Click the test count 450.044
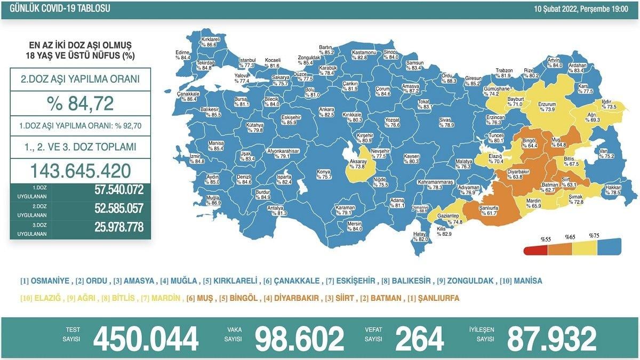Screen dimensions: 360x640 [146, 338]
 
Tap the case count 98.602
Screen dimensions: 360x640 [299, 338]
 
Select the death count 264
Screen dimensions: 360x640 [419, 338]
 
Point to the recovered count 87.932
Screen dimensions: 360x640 [551, 338]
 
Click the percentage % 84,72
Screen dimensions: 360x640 [80, 103]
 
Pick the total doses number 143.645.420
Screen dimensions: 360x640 [80, 171]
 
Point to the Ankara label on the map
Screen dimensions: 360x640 [326, 109]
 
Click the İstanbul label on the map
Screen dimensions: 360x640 [247, 59]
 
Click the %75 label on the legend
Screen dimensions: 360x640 [594, 235]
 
